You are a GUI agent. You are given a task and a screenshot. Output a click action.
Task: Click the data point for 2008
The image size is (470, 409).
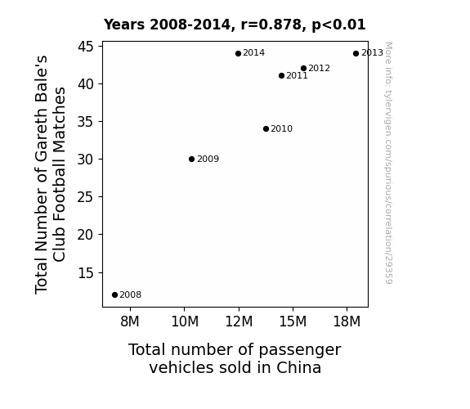click(114, 295)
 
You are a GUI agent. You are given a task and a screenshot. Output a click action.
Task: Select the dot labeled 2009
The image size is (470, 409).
click(191, 159)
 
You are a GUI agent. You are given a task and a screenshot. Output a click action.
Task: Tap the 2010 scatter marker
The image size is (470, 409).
click(266, 128)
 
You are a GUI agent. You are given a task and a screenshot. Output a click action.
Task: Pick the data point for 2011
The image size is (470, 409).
click(281, 75)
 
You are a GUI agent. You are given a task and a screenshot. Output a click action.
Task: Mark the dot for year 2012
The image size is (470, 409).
click(303, 69)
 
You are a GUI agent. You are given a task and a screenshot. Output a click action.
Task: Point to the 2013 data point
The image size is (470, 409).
click(356, 54)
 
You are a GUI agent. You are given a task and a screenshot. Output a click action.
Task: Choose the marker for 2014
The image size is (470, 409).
click(238, 54)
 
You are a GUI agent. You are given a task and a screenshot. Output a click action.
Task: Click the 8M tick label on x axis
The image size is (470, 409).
click(130, 321)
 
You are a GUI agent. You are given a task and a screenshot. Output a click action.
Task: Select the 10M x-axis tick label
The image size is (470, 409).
click(185, 321)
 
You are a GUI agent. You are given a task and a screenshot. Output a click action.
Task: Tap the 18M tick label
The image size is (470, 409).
click(347, 321)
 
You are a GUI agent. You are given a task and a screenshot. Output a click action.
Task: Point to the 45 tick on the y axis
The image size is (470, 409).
click(86, 47)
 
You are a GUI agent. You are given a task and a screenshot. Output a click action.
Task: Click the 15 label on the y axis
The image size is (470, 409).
click(86, 272)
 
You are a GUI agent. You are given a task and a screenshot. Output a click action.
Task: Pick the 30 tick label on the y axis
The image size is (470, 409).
click(86, 160)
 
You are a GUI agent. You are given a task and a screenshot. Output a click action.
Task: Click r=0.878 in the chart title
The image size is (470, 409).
click(271, 25)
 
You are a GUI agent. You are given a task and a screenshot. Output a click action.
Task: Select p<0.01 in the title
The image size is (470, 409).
click(338, 25)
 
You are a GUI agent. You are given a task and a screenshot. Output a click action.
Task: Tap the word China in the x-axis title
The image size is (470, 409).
click(298, 367)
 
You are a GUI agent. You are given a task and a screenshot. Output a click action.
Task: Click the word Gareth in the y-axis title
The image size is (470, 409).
click(41, 143)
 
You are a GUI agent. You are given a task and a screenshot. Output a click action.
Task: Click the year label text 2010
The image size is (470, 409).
click(281, 128)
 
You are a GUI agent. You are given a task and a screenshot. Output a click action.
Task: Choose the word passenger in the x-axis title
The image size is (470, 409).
click(300, 350)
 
